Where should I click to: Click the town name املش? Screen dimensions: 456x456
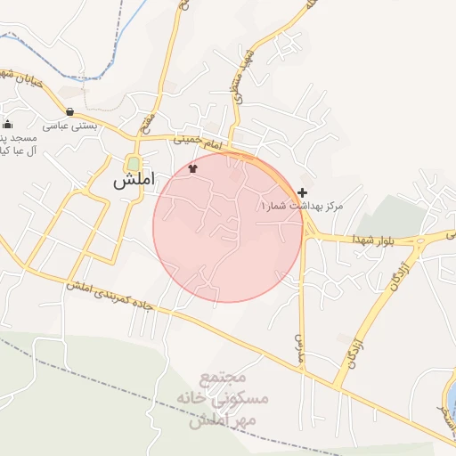tap(134, 179)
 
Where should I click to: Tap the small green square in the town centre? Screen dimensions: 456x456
tap(134, 164)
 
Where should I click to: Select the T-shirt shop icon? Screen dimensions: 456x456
tap(192, 167)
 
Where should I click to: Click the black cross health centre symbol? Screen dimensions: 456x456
tap(303, 192)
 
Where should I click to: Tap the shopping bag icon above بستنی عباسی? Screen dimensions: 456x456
tap(70, 112)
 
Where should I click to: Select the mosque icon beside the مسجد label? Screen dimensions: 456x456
tap(8, 124)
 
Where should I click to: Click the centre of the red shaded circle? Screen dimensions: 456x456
tap(228, 227)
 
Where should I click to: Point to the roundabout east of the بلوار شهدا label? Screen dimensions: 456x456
tap(420, 240)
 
